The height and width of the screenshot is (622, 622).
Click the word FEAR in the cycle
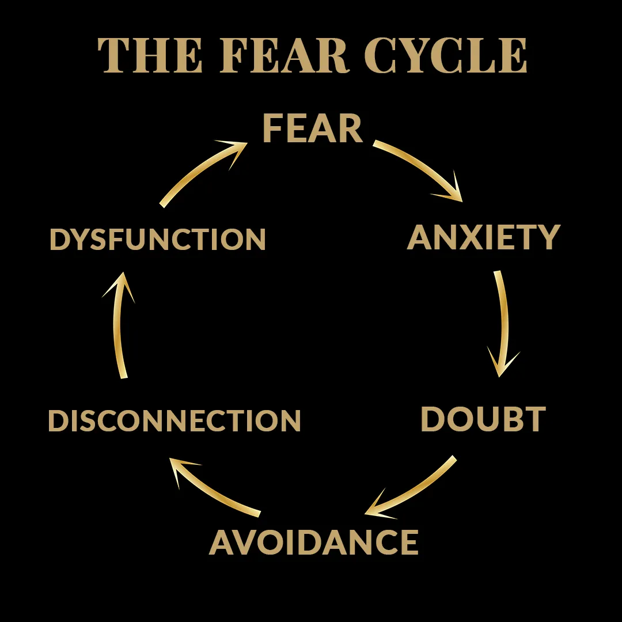tap(313, 128)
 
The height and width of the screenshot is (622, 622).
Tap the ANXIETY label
tap(484, 237)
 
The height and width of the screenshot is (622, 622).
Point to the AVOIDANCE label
tap(314, 542)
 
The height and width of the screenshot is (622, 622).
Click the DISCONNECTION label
tap(175, 420)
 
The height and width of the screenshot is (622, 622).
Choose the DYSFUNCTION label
tap(158, 240)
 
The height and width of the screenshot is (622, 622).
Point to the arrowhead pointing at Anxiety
tap(452, 190)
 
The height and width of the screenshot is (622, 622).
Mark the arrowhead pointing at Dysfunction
tap(120, 286)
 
